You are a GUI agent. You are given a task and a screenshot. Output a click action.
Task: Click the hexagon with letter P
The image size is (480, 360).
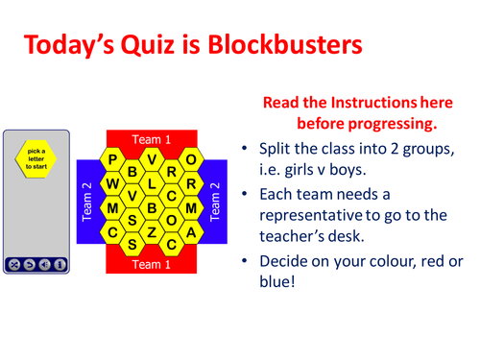114,159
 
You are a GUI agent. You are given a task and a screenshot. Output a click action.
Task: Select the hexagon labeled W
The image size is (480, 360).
114,183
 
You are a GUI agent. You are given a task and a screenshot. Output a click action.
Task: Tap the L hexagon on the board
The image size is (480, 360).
152,183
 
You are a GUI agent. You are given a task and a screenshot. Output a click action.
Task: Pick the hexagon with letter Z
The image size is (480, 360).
152,231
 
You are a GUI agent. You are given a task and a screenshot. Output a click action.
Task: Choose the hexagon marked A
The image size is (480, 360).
190,231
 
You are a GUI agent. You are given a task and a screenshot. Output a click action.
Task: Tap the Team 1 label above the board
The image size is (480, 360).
152,140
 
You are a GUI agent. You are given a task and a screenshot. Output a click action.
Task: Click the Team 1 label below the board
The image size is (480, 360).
152,263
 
